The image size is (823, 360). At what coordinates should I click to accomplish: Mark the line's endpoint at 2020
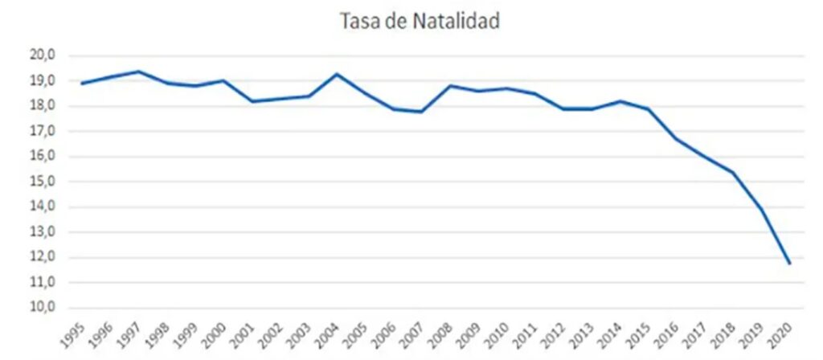[790, 264]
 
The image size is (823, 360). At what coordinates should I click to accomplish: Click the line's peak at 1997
[139, 72]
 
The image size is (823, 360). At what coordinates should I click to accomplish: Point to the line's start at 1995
[81, 84]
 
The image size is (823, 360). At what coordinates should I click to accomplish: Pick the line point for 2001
[252, 101]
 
